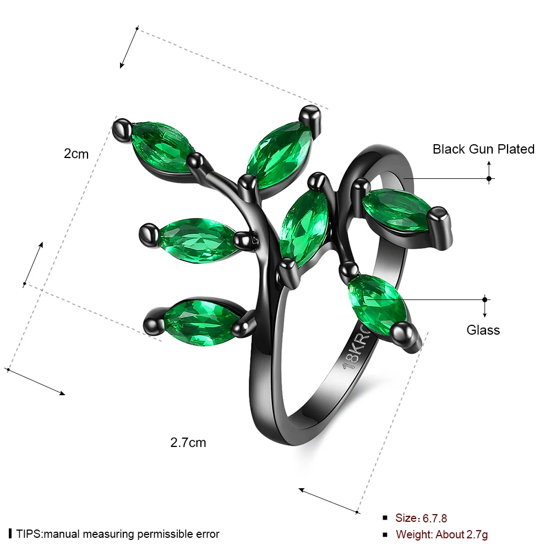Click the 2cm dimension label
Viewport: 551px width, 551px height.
[x=76, y=154]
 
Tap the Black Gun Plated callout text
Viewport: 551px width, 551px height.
[x=483, y=149]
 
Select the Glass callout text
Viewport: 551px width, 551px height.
[x=483, y=330]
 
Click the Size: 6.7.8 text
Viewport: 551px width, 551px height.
[x=421, y=518]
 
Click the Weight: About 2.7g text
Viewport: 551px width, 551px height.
[x=441, y=534]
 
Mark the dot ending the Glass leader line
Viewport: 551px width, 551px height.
[x=485, y=299]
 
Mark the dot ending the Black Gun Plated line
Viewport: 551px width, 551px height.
[x=489, y=178]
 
